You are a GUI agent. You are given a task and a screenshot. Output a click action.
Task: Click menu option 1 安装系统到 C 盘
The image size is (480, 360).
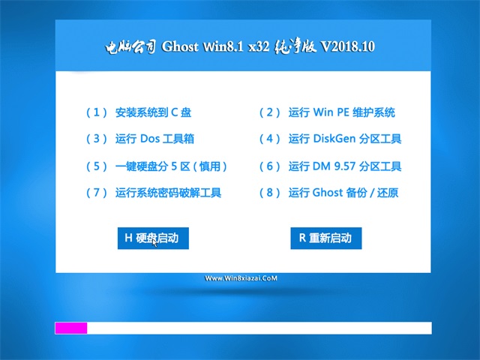tap(139, 112)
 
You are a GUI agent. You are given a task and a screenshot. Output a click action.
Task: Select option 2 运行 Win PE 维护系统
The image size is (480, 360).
tap(327, 112)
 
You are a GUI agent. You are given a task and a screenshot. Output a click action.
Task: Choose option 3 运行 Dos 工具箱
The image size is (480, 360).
tap(140, 139)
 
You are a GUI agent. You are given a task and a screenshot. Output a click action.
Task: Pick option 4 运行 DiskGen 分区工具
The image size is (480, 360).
tap(330, 139)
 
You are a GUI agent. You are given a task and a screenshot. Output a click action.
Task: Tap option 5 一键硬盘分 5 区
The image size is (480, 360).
tap(157, 166)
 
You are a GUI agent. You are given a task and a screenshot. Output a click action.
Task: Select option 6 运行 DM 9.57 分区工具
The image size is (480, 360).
tap(330, 166)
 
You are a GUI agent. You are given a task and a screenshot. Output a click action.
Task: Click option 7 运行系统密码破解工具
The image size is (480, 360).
tap(154, 193)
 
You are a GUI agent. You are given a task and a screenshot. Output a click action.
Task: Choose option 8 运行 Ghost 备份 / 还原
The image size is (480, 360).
tap(328, 193)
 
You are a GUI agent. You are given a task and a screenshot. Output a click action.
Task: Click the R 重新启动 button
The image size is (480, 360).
tap(326, 238)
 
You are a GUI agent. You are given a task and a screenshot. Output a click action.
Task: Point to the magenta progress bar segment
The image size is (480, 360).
tap(71, 328)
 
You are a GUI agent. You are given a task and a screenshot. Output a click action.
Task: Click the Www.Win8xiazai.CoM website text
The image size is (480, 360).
tap(241, 278)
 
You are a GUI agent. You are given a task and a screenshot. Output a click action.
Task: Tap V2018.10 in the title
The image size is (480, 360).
tap(347, 46)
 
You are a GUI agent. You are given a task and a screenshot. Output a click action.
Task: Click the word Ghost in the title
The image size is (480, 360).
tap(180, 46)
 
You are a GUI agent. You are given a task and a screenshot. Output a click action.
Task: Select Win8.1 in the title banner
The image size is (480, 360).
tap(223, 46)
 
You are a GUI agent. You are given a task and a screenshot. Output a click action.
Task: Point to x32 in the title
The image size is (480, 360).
tap(259, 46)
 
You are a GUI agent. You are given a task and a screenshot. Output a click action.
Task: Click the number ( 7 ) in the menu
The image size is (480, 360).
tap(97, 193)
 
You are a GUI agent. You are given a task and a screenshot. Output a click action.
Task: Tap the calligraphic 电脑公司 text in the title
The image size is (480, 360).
tap(130, 47)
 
